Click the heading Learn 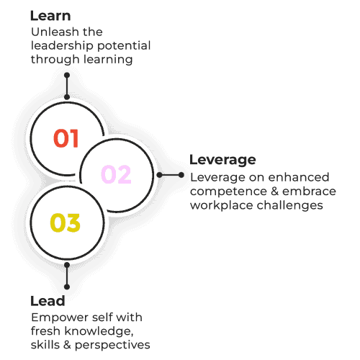(50, 16)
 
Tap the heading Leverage (222, 160)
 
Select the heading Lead (48, 301)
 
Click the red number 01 (66, 138)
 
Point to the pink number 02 (116, 174)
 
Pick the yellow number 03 (65, 222)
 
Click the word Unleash (55, 32)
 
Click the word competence (228, 192)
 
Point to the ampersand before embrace (274, 192)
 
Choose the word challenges (290, 206)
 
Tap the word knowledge (99, 332)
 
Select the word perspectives (112, 346)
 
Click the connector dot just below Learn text (67, 76)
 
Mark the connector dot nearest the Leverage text (181, 175)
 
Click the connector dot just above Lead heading (67, 287)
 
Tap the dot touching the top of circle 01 (67, 97)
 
